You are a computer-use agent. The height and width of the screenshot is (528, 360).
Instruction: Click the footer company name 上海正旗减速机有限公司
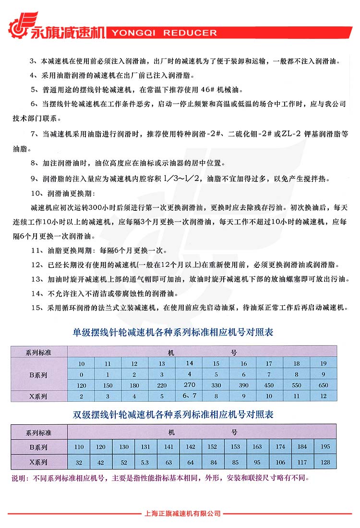182,514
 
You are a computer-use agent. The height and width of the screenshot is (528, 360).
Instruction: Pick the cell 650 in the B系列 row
324,385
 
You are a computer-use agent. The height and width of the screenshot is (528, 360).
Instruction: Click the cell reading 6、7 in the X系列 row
190,396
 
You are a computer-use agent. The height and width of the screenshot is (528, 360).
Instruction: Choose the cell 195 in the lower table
325,446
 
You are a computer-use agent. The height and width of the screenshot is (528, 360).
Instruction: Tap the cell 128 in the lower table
325,463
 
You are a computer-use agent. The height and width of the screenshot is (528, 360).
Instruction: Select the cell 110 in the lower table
79,447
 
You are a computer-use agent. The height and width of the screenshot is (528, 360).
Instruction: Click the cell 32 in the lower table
79,463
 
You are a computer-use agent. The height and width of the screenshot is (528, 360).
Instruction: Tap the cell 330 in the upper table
216,385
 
